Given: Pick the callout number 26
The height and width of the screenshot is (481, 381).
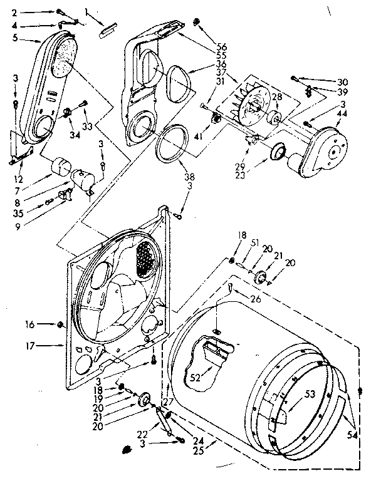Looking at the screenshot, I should [254, 299].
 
